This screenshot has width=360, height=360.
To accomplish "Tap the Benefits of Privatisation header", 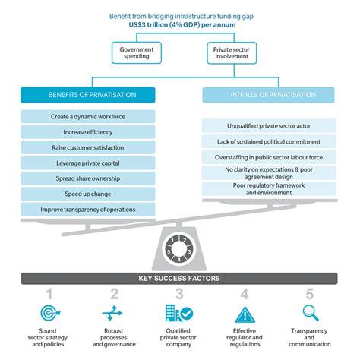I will [87, 95].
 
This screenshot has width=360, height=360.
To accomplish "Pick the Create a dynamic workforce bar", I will [87, 117].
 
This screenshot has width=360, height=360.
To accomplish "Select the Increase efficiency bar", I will [87, 132].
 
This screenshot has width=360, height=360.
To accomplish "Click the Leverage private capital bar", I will [87, 163].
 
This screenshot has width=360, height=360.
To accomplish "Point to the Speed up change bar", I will [87, 194].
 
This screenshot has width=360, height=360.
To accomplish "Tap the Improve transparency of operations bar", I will [87, 210].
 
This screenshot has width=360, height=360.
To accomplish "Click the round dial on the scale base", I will [180, 248].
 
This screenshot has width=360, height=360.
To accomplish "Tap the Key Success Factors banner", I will [180, 279].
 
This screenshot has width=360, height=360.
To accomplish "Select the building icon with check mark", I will [179, 313].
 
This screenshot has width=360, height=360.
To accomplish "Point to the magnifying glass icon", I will [311, 312].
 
